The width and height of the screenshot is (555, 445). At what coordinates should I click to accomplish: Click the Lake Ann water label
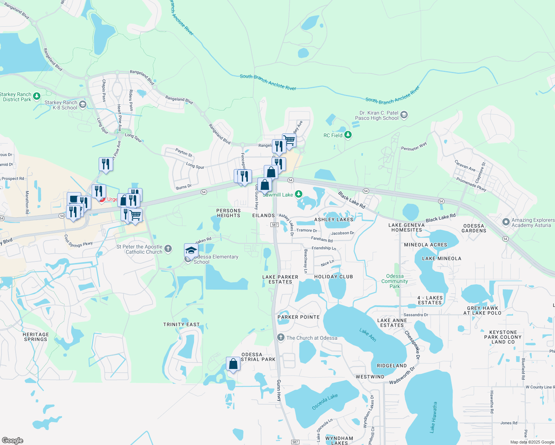[x=368, y=335]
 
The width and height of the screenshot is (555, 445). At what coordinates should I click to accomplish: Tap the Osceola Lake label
[x=325, y=402]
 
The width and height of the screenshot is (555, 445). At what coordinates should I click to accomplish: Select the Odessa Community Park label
[x=395, y=281]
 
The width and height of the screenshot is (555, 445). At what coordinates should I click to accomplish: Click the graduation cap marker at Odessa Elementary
[x=191, y=251]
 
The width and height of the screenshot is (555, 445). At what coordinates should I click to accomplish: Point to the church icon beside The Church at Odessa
[x=281, y=338]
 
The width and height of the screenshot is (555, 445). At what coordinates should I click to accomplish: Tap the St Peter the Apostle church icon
[x=168, y=248]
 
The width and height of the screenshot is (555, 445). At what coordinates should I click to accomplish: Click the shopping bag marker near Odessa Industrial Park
[x=233, y=364]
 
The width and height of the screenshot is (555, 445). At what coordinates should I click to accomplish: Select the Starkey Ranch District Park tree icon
[x=36, y=96]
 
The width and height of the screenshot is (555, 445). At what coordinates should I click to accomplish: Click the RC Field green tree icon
[x=348, y=135]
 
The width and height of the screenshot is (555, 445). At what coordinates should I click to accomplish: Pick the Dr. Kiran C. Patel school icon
[x=404, y=115]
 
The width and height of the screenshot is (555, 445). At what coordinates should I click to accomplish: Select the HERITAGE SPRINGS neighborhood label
[x=36, y=337]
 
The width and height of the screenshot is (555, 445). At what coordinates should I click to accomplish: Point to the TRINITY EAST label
[x=181, y=324]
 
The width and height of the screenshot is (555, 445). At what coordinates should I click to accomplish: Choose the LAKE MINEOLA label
[x=441, y=258]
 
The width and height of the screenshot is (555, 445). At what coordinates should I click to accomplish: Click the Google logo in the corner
[x=12, y=440]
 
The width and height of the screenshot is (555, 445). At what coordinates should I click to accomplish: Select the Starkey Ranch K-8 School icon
[x=83, y=105]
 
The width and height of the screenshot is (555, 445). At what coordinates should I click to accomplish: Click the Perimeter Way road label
[x=414, y=146]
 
